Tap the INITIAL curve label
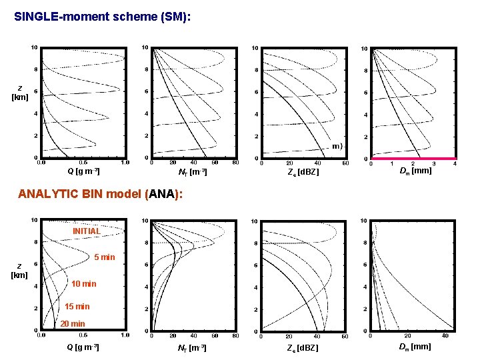point(87,231)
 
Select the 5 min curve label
point(105,257)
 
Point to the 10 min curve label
point(84,284)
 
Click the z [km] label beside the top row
point(20,93)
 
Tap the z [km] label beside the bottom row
point(20,270)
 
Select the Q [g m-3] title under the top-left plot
point(84,171)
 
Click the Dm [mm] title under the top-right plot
point(415,171)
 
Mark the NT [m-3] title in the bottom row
point(192,348)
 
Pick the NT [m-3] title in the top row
point(192,173)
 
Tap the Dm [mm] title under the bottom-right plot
point(415,347)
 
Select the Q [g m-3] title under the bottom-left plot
point(84,347)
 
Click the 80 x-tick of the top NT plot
point(235,163)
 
